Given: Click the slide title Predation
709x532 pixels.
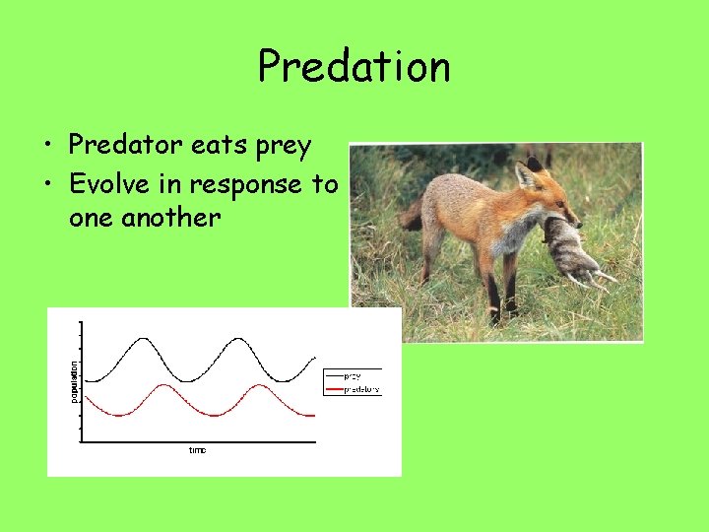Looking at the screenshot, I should click(354, 67).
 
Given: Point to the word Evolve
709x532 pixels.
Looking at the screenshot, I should click(109, 183).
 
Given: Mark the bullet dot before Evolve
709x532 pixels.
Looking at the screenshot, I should click(48, 185).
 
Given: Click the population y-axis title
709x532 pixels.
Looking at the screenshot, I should click(74, 379).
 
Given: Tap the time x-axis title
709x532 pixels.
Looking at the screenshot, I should click(198, 450).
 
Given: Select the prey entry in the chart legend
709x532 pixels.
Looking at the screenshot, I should click(352, 375).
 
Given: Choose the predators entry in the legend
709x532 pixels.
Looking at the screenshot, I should click(360, 390).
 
